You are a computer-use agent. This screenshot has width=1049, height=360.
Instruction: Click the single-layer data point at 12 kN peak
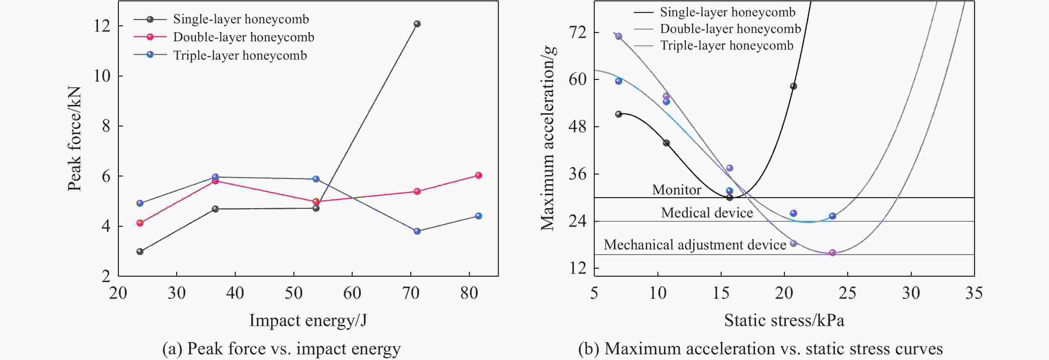(417, 24)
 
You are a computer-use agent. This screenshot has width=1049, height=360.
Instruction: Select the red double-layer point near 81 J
(479, 176)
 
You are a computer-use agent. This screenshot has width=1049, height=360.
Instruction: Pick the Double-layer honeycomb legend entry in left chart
(243, 37)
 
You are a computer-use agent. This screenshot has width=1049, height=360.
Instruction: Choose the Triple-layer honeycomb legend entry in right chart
(727, 45)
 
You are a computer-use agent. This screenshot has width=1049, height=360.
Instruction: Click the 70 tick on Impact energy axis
(411, 293)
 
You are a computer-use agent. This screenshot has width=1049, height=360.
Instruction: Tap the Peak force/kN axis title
(75, 139)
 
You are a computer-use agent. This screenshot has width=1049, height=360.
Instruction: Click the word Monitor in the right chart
(676, 190)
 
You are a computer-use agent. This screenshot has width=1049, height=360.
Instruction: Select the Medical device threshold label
(707, 212)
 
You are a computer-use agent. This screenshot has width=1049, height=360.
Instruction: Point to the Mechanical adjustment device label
(695, 245)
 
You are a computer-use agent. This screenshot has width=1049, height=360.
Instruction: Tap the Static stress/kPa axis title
(784, 320)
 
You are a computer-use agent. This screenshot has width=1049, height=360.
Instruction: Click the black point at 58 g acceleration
(793, 86)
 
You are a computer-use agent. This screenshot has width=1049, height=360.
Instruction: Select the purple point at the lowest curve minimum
(832, 253)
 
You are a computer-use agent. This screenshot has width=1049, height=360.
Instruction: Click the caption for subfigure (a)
(281, 349)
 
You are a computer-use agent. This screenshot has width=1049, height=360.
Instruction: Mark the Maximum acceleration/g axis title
(548, 139)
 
